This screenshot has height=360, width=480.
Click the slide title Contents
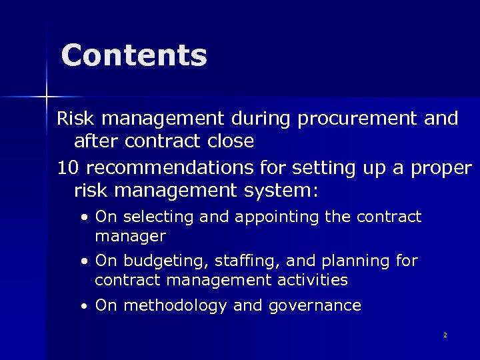coord(134,56)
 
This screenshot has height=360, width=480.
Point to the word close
coord(227,141)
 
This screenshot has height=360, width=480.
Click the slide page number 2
coord(445,335)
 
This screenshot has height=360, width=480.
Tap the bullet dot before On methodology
coord(84,307)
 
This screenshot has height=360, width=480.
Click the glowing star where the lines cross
coord(47,97)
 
